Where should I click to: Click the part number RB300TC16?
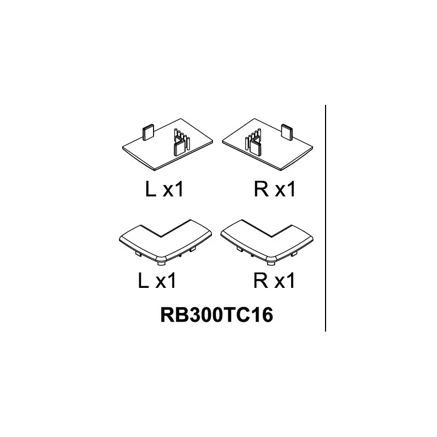click(x=216, y=315)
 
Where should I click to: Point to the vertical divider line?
click(x=325, y=218)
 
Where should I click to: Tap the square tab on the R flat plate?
click(x=287, y=132)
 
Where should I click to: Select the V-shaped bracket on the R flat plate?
click(x=255, y=145)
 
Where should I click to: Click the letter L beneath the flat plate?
click(x=151, y=188)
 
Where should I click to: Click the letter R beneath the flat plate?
click(x=261, y=188)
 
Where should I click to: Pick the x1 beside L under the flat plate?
click(x=173, y=189)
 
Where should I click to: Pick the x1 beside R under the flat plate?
click(x=285, y=189)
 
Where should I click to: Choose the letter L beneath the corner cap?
click(x=143, y=280)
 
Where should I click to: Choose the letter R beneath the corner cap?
click(x=261, y=280)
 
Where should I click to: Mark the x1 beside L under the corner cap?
click(x=166, y=280)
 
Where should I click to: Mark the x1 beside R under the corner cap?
click(x=285, y=280)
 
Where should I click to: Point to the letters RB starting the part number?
click(x=171, y=315)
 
